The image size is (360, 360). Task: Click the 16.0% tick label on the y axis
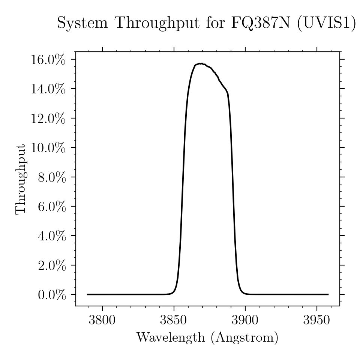click(48, 60)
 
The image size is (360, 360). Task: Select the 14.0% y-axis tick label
click(48, 89)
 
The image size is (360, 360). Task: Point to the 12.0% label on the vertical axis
click(48, 118)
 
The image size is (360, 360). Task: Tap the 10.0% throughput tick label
click(48, 148)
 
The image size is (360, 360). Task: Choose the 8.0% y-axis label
click(52, 177)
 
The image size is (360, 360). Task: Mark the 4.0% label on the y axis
click(52, 236)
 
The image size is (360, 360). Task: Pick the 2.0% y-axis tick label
click(52, 265)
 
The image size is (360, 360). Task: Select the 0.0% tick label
click(52, 295)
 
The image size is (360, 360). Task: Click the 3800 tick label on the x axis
click(102, 320)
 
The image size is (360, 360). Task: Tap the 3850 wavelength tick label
click(174, 320)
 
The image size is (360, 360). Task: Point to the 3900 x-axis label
click(245, 320)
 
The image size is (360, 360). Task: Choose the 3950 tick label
click(316, 320)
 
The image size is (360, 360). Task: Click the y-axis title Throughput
click(21, 179)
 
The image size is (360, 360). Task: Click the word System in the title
click(82, 23)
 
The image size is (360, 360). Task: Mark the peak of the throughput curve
click(201, 63)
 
